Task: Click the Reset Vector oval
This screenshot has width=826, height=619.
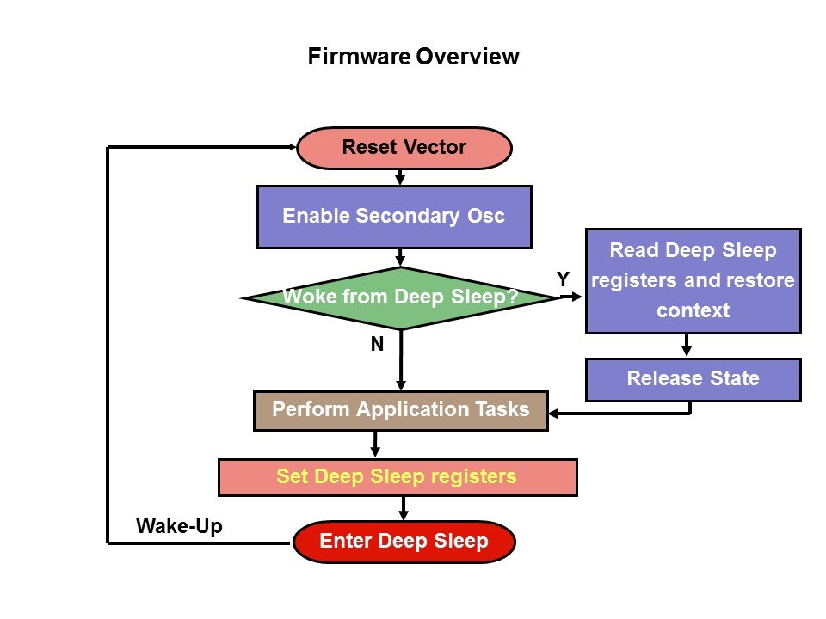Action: pyautogui.click(x=404, y=148)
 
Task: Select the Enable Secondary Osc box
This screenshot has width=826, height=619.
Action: pyautogui.click(x=394, y=216)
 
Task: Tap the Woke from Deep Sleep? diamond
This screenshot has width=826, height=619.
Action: pyautogui.click(x=400, y=298)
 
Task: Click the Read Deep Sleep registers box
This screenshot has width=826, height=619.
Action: pyautogui.click(x=693, y=280)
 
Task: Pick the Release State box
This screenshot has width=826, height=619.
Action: pyautogui.click(x=693, y=379)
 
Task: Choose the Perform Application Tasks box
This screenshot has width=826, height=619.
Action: pyautogui.click(x=400, y=410)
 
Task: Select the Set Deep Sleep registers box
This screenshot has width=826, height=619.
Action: pyautogui.click(x=397, y=477)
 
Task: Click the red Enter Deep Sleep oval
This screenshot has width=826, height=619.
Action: pyautogui.click(x=404, y=542)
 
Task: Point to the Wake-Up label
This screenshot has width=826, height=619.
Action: pyautogui.click(x=179, y=526)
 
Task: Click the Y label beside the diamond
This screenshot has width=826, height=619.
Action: pyautogui.click(x=563, y=279)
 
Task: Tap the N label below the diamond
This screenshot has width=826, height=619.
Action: pyautogui.click(x=377, y=345)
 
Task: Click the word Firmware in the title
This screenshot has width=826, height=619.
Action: pyautogui.click(x=359, y=58)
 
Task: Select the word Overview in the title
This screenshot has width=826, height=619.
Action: pyautogui.click(x=468, y=58)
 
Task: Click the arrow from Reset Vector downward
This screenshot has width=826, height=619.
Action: pyautogui.click(x=400, y=177)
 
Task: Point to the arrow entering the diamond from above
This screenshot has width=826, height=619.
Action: pyautogui.click(x=400, y=257)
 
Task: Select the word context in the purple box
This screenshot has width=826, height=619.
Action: pyautogui.click(x=693, y=309)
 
